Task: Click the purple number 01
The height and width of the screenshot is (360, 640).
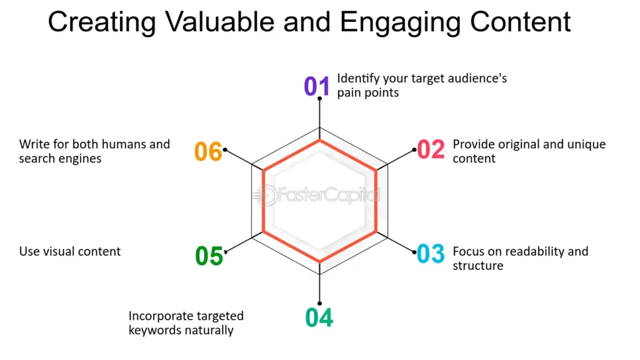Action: pos(316,86)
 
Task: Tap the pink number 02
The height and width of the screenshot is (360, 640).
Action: pos(431,149)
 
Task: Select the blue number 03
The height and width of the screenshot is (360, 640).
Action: pos(431,254)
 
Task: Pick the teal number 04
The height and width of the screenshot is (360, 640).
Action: pos(319,317)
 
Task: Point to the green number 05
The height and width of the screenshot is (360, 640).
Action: pos(209,256)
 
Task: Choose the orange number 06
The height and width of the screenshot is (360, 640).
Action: pos(208,151)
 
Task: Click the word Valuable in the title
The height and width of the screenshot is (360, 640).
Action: pos(220,22)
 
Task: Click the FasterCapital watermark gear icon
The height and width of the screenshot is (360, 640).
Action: pos(267,196)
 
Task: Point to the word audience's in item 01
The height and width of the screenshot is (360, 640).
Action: pos(477,78)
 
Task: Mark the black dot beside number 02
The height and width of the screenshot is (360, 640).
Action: pos(414,150)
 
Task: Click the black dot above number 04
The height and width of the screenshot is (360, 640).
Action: pos(319,303)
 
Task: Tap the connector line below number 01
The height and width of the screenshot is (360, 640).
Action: pos(319,113)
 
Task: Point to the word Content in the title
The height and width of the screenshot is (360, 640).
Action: pos(520,22)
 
